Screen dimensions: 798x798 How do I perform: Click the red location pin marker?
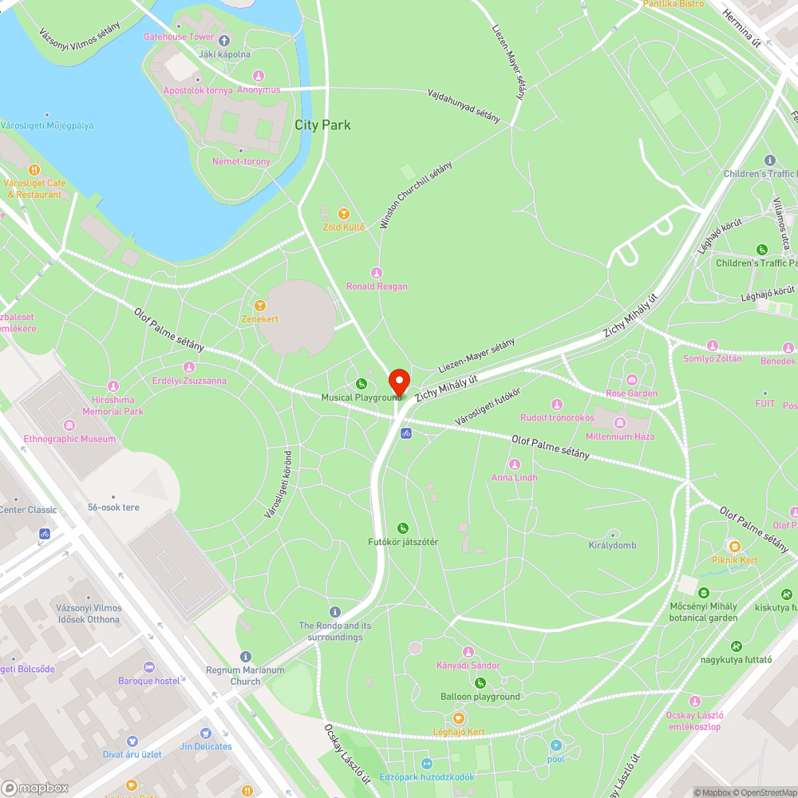click(x=398, y=381)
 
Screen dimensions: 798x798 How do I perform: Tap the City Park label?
click(x=322, y=125)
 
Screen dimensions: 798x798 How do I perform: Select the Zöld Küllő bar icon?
click(x=343, y=214)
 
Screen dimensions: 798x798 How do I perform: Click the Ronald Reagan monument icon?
click(x=377, y=273)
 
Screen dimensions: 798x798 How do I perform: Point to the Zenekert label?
click(x=260, y=319)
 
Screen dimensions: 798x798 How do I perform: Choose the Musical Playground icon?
click(x=361, y=384)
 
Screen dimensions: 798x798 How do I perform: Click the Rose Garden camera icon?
click(x=632, y=380)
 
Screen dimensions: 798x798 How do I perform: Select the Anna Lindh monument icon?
click(x=515, y=464)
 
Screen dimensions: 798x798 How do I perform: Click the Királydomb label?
click(x=613, y=545)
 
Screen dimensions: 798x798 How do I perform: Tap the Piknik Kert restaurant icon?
click(x=734, y=547)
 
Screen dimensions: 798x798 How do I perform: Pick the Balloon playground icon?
click(x=480, y=683)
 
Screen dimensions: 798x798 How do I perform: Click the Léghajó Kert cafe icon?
click(x=459, y=718)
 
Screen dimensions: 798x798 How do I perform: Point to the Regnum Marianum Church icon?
click(x=245, y=656)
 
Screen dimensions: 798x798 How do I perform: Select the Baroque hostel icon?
click(x=149, y=667)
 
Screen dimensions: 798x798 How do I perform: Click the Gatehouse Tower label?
click(x=179, y=37)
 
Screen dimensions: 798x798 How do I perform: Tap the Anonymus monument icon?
click(x=258, y=76)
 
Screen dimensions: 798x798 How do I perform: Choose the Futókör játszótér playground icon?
click(x=403, y=528)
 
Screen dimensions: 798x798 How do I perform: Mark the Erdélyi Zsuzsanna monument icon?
click(x=189, y=367)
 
